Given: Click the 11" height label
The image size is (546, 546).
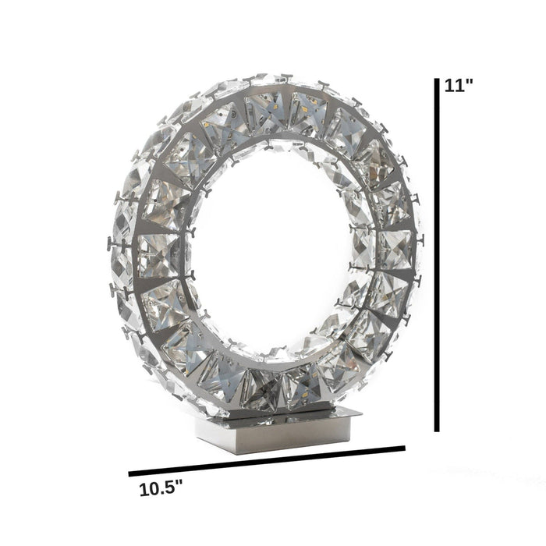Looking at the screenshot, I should click(x=459, y=87).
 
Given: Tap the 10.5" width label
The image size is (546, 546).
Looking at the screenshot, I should click(x=161, y=490).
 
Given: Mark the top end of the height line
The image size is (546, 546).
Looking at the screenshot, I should click(x=437, y=79).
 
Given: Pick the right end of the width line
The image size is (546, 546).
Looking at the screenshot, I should click(x=404, y=448).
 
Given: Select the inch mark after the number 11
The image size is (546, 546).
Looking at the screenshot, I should click(x=470, y=82).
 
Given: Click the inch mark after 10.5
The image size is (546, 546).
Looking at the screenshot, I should click(x=179, y=485).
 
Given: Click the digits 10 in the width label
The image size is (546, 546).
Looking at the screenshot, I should click(x=148, y=491).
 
